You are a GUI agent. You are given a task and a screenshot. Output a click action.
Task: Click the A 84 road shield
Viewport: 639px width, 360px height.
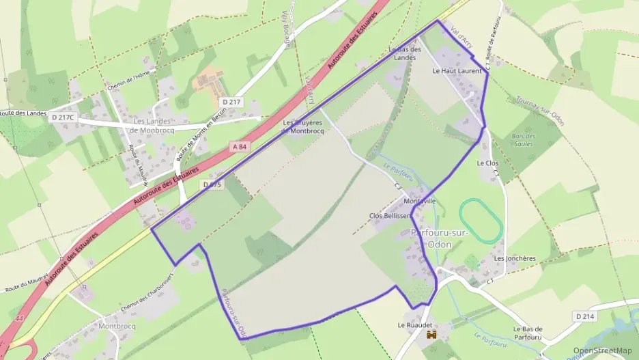238,146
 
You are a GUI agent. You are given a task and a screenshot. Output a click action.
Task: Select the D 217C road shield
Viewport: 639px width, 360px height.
63,117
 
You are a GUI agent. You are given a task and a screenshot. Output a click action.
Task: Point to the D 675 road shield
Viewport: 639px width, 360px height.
212,184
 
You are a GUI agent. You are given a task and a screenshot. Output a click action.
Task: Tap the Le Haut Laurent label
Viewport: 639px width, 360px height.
457,70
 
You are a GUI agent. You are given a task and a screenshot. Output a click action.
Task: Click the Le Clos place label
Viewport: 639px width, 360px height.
487,163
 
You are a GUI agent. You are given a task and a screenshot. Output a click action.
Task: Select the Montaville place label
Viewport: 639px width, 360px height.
420,201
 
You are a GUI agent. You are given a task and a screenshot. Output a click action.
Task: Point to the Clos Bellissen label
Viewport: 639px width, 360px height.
389,216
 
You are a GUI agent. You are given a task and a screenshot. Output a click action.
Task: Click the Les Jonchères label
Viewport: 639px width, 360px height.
515,259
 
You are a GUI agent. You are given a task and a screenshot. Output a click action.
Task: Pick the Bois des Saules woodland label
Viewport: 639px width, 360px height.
524,140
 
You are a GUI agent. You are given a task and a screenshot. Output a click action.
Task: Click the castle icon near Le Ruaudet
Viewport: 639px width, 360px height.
431,335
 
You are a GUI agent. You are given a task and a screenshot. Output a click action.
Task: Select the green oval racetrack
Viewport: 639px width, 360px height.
481,220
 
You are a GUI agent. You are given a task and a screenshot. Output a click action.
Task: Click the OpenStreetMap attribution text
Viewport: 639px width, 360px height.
602,350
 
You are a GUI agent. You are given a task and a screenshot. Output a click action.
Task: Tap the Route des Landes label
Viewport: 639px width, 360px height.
18,113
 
